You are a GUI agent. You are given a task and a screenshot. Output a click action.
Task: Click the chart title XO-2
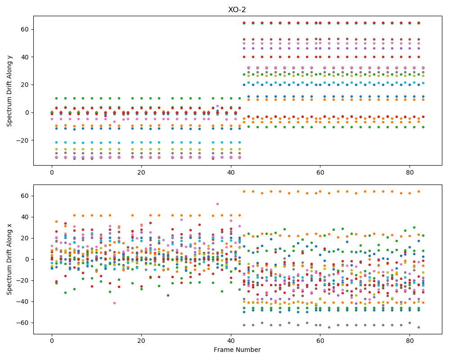tap(237, 10)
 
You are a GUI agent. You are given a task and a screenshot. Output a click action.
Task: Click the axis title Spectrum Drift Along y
tap(9, 91)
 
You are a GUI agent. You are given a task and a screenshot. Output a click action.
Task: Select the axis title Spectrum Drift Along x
tap(9, 259)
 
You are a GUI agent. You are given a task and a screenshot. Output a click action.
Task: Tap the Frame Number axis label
tap(237, 350)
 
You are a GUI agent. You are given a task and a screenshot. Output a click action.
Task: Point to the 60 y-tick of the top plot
tap(26, 29)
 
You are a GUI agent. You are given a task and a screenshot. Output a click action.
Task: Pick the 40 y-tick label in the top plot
tap(26, 57)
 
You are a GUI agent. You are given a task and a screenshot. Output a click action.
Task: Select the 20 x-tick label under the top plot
tap(141, 172)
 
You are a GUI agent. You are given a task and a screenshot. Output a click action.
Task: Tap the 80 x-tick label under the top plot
tap(410, 172)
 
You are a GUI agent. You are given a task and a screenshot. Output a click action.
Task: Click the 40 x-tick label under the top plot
tap(231, 172)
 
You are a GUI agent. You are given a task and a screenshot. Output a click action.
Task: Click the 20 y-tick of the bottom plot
tap(26, 238)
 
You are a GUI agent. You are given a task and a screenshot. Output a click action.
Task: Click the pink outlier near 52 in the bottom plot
tap(217, 204)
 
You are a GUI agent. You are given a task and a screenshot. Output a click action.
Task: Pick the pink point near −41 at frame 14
tap(114, 303)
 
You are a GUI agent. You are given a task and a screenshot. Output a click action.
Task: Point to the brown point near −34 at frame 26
tap(168, 295)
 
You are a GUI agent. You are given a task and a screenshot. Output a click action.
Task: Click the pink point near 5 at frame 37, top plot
tap(217, 106)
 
